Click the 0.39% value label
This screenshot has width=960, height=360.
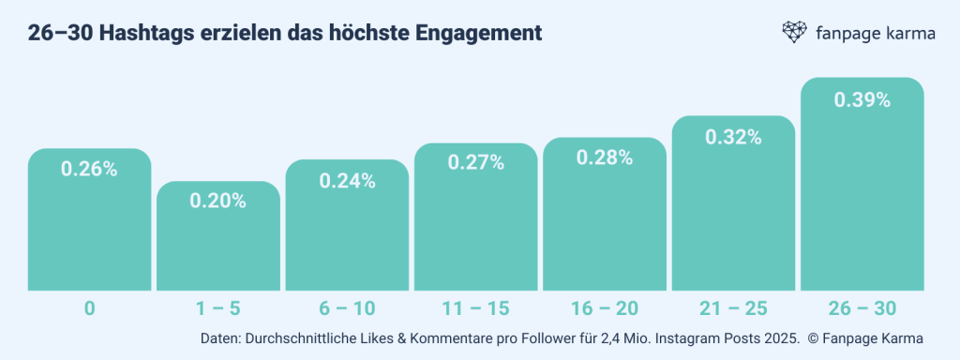862,99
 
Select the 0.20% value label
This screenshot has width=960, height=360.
217,201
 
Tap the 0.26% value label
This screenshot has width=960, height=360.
89,170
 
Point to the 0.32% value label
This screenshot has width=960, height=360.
733,137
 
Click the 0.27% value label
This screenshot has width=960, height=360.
475,163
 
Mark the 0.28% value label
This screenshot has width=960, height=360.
605,157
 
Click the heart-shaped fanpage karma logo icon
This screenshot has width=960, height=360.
795,33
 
